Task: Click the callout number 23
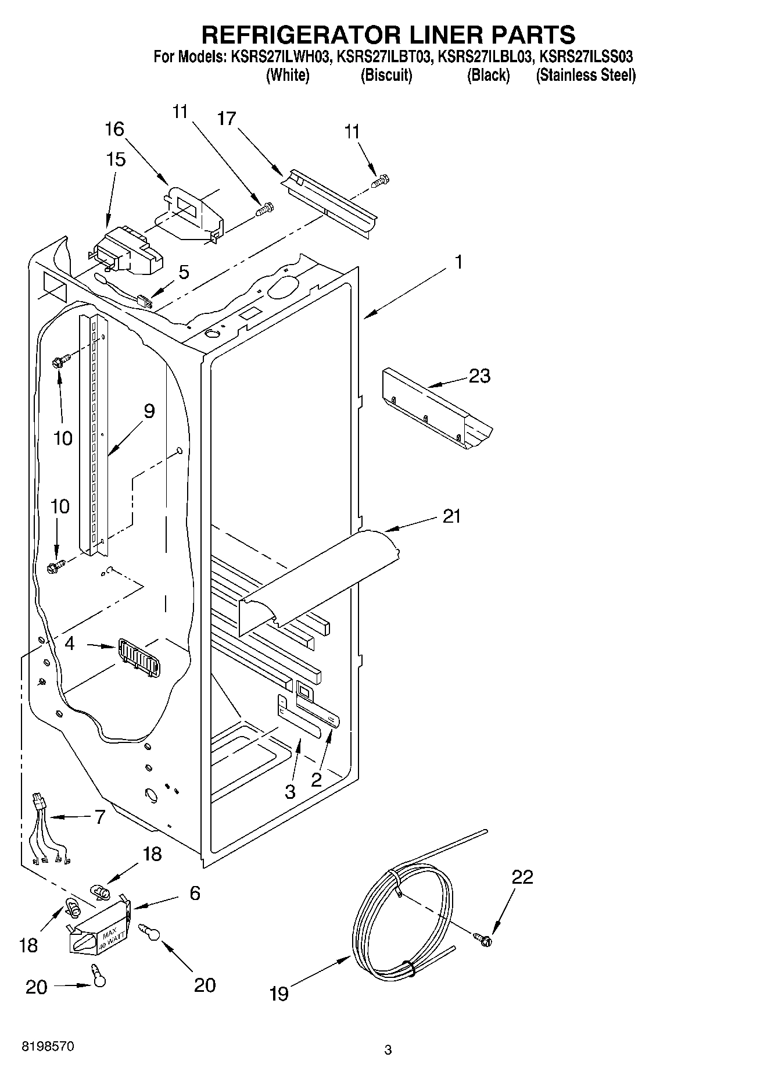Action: click(480, 376)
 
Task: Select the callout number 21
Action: click(451, 516)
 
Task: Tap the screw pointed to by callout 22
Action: click(483, 937)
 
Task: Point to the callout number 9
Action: click(149, 412)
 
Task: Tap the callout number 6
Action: click(195, 893)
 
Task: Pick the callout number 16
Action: click(114, 128)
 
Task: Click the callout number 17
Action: click(227, 119)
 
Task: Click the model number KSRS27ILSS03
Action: click(586, 57)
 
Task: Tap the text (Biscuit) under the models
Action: click(386, 76)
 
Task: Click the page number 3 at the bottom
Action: click(388, 1050)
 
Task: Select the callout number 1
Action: click(458, 263)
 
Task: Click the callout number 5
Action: click(184, 272)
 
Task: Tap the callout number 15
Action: click(116, 159)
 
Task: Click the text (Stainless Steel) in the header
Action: click(586, 76)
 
